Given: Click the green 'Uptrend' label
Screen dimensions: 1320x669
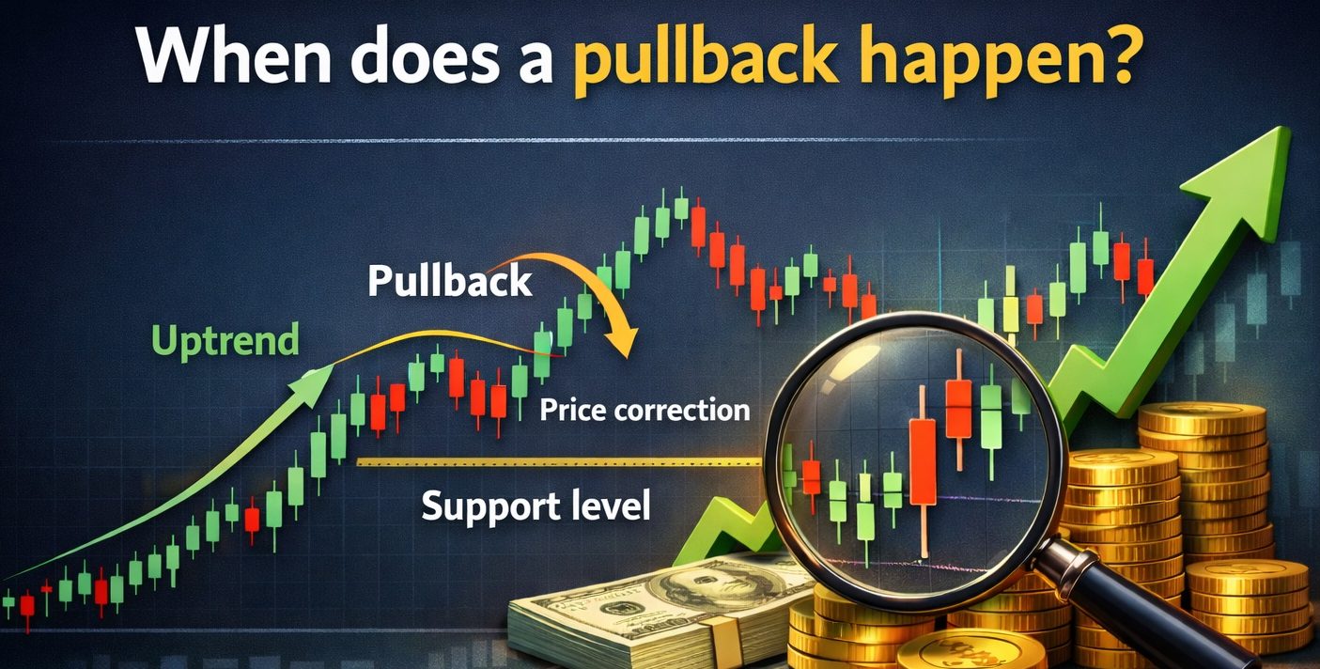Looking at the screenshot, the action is pos(225,342).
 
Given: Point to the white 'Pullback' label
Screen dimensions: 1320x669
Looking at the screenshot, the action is pos(450,280).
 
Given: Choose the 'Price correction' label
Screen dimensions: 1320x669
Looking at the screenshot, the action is pos(644,410).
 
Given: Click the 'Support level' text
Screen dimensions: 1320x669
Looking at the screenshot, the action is pos(536,506).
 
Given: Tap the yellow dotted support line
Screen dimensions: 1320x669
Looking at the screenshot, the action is pos(560,462).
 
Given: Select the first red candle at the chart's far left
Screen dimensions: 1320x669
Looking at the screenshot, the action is pos(27,607).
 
